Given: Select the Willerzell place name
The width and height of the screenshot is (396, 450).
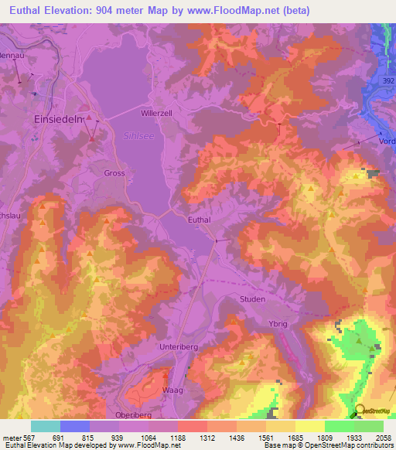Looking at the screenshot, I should (x=156, y=112).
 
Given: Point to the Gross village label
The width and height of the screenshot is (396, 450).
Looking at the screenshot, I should (x=114, y=173).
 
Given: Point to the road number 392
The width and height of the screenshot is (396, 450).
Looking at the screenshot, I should (x=388, y=80).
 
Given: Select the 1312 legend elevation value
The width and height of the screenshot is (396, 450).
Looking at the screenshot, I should (x=207, y=437).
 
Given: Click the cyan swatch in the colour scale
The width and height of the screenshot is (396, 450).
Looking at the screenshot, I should (x=46, y=426).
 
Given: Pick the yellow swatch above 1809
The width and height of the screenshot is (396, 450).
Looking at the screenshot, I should (x=310, y=426).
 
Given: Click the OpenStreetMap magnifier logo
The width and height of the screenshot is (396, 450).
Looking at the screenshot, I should (x=359, y=411).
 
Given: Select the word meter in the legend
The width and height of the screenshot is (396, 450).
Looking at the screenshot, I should (x=13, y=437).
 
